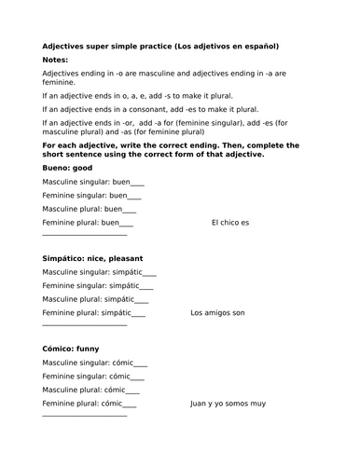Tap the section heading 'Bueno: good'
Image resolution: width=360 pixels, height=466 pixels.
pos(70,168)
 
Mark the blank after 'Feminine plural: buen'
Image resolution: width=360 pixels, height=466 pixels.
pos(124,225)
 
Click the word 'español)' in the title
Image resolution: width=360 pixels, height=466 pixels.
pos(259,44)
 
